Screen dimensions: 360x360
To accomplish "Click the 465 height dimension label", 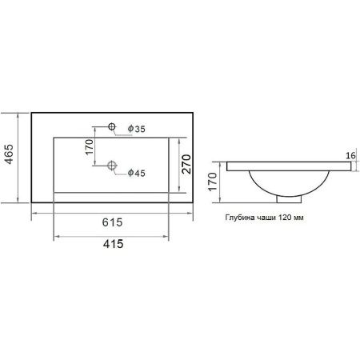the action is [9, 154].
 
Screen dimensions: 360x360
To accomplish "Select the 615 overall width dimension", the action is [112, 222].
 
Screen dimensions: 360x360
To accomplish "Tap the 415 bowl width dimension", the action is [113, 244].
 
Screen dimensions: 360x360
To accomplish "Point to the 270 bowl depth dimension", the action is [186, 164].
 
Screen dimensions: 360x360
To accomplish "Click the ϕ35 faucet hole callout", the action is [136, 129].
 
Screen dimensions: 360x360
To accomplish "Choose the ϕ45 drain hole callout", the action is [136, 173].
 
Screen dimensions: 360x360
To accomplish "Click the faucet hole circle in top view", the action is [112, 126].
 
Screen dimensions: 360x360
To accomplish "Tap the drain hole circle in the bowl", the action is [112, 166].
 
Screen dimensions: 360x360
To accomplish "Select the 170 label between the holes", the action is [90, 146].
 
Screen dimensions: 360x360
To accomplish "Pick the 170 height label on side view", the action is [213, 182].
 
